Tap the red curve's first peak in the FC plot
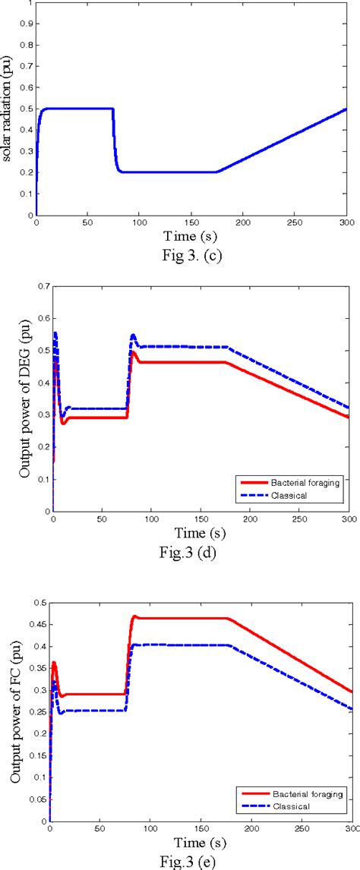(x=54, y=663)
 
